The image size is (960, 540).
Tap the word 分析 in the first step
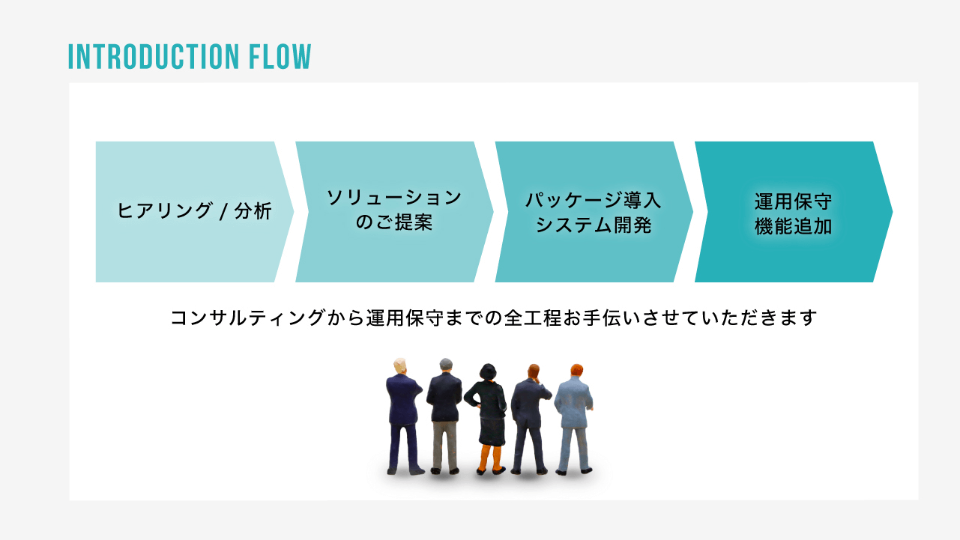[x=253, y=211]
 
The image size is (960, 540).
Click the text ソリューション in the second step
[x=394, y=198]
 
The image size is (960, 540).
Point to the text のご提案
[x=394, y=223]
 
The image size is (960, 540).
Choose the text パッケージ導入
[x=594, y=200]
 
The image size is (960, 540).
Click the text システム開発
[x=594, y=225]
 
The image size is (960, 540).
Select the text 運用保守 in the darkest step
[x=793, y=201]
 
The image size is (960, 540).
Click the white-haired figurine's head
[x=400, y=365]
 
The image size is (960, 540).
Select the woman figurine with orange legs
[x=488, y=416]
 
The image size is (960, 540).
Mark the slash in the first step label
[x=222, y=212]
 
